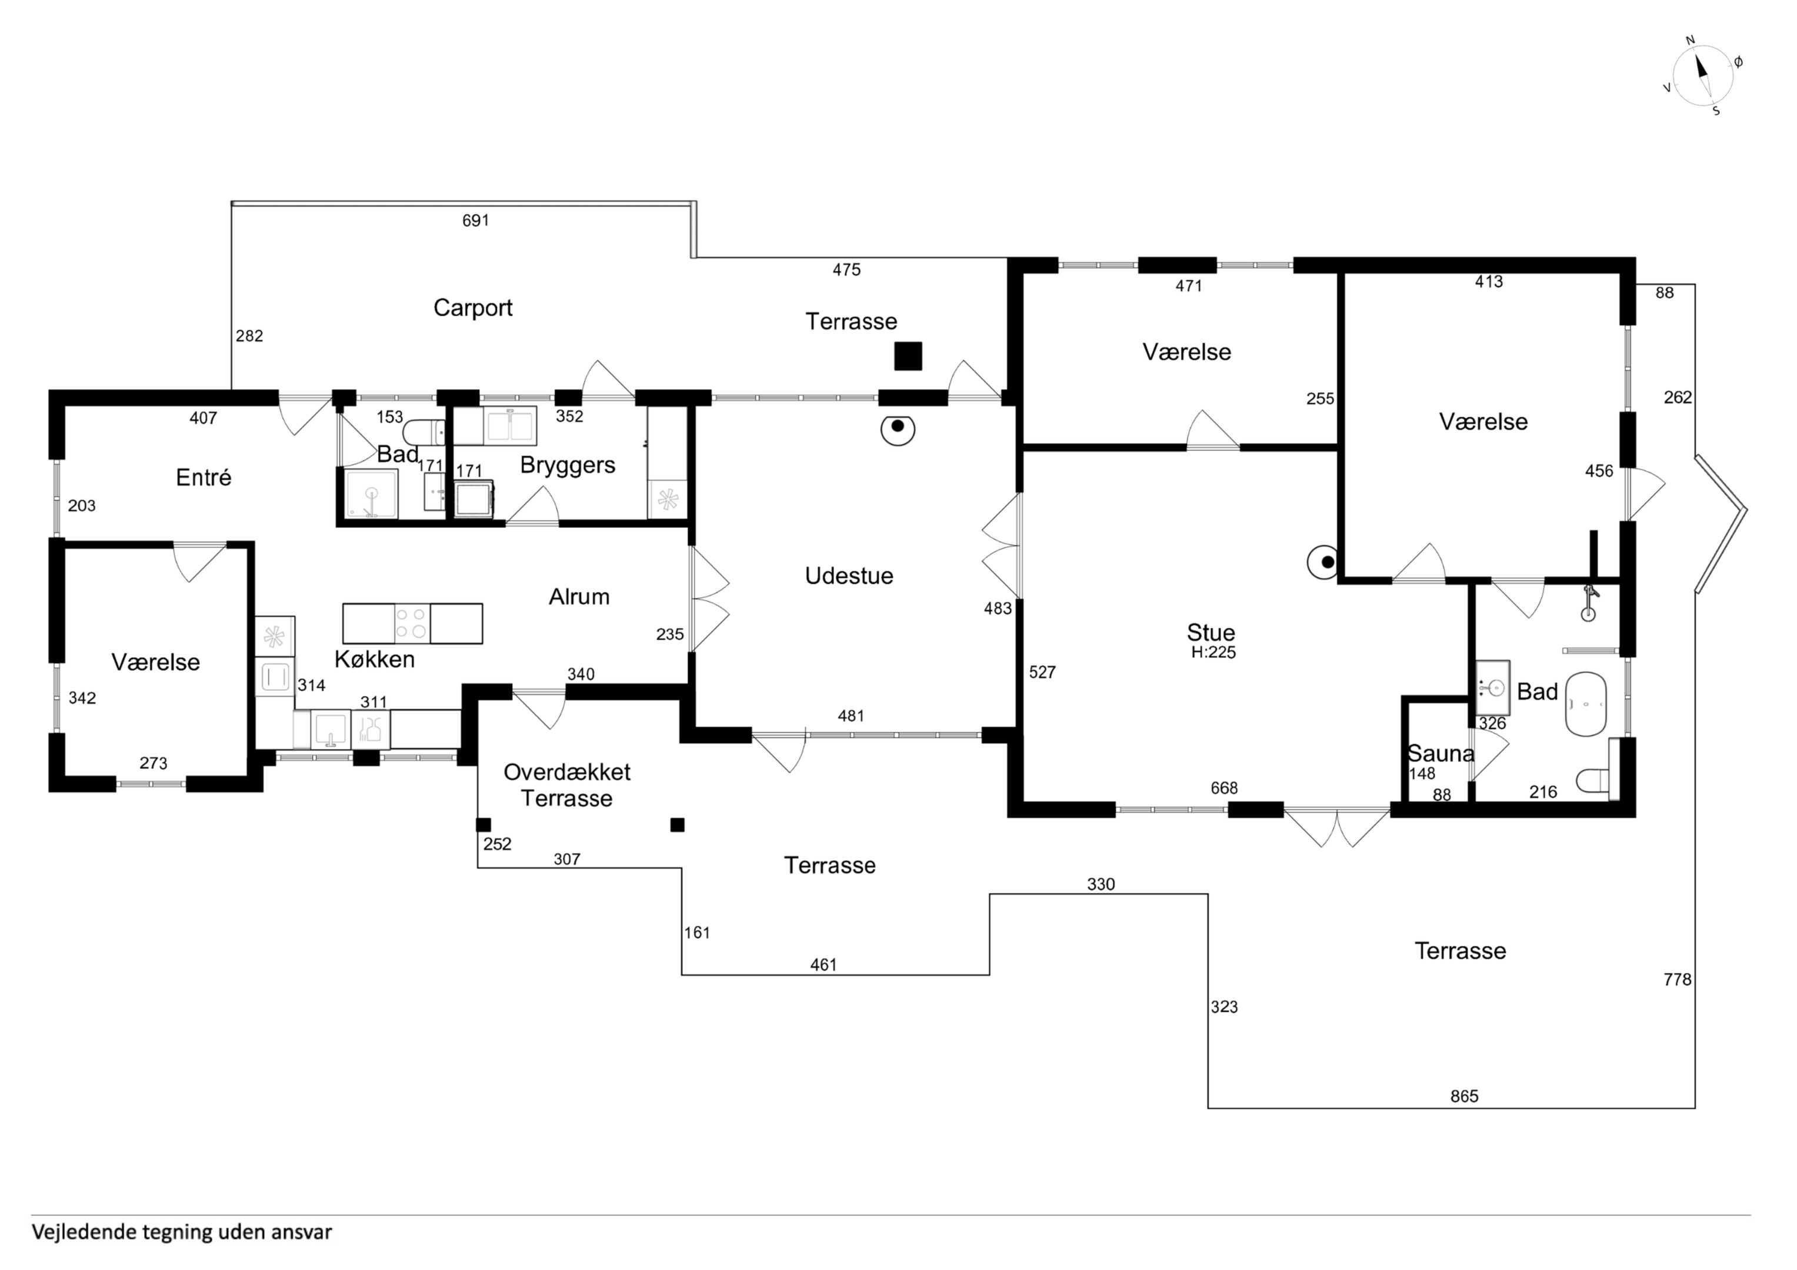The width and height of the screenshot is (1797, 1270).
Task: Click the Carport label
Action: [x=473, y=308]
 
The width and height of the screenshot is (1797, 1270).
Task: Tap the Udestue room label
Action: [x=849, y=576]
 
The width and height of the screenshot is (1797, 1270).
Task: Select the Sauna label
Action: [x=1441, y=754]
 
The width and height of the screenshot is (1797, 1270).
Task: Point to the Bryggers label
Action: [x=568, y=466]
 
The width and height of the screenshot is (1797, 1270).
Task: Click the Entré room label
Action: [x=204, y=477]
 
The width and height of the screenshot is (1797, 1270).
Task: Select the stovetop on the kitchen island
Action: [x=412, y=624]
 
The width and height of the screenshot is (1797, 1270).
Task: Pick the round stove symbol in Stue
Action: [x=1324, y=562]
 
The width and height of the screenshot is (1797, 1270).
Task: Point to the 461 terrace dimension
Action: [x=824, y=965]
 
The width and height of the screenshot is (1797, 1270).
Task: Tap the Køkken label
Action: [x=374, y=660]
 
